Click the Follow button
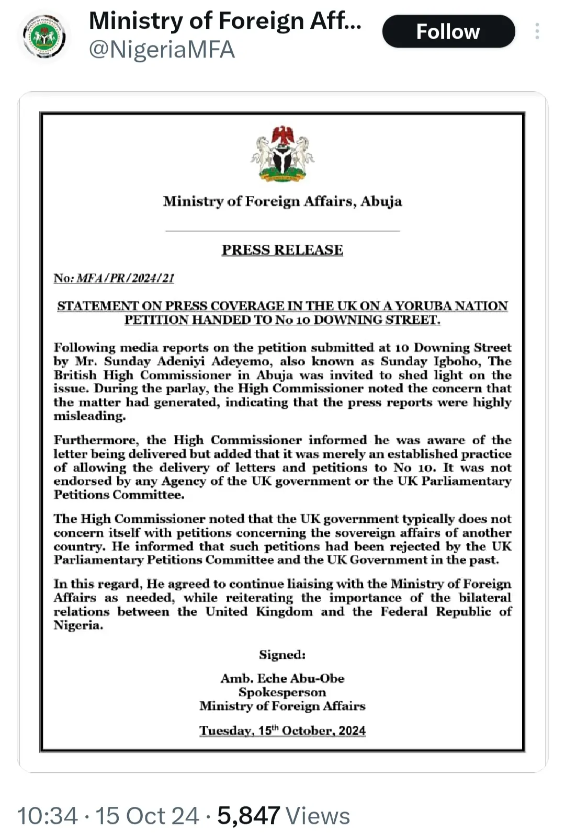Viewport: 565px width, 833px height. [x=448, y=31]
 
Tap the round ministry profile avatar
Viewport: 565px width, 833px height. [x=44, y=37]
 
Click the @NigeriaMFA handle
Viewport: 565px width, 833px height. [x=162, y=50]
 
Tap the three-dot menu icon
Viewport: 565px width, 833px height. [x=537, y=31]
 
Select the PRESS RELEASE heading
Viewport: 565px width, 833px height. [x=282, y=250]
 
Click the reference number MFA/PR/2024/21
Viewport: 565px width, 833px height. [x=125, y=278]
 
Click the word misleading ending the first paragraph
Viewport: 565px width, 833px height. [x=89, y=416]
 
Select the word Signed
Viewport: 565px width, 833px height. [x=282, y=655]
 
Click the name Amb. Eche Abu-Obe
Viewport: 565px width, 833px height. [x=282, y=678]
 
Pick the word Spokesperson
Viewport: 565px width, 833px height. [x=282, y=692]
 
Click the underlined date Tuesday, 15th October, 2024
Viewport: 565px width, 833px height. [x=282, y=731]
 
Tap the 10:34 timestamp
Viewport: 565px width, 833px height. [x=47, y=816]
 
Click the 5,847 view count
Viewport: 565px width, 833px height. [x=248, y=816]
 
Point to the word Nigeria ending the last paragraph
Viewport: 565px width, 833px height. [x=77, y=625]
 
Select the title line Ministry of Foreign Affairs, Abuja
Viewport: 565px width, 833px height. [x=282, y=201]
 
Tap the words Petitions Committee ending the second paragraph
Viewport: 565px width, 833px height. [x=119, y=495]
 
